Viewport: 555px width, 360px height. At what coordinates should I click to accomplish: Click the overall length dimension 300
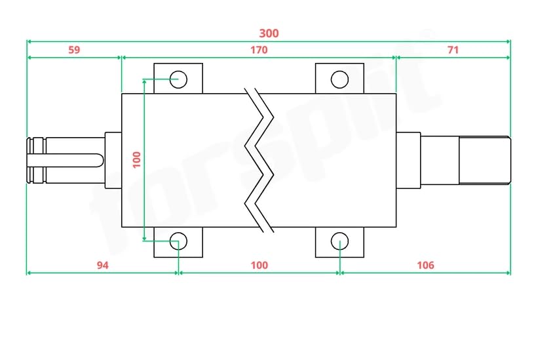[x=269, y=33]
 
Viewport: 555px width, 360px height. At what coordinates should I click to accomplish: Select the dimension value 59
[x=74, y=50]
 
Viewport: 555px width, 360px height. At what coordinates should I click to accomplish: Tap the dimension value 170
[x=259, y=50]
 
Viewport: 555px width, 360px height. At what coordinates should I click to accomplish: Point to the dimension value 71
[x=453, y=50]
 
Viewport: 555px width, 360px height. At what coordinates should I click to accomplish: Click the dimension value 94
[x=103, y=265]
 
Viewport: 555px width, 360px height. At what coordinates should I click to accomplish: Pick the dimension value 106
[x=425, y=265]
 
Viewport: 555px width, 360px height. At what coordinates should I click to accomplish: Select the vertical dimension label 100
[x=137, y=160]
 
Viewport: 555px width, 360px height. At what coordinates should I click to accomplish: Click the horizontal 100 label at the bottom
[x=259, y=265]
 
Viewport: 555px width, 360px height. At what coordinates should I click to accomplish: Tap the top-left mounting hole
[x=178, y=79]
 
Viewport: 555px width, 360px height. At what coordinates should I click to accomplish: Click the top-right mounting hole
[x=340, y=79]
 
